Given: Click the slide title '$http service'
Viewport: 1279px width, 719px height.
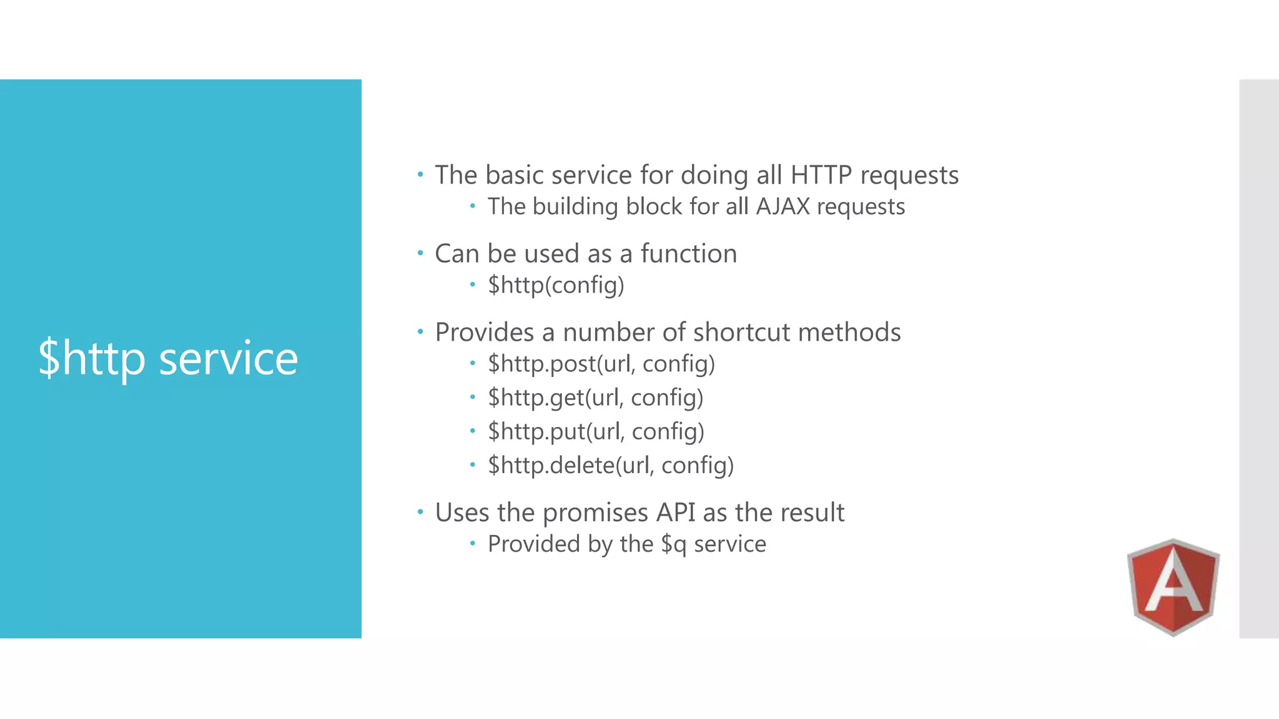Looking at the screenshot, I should click(x=168, y=358).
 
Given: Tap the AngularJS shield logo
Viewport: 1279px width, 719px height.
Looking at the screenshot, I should click(x=1173, y=587).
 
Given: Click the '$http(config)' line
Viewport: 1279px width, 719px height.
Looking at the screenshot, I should click(x=556, y=285).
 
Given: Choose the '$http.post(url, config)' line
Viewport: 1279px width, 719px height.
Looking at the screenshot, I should click(x=601, y=364).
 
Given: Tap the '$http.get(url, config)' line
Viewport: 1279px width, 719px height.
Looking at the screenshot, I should click(x=595, y=398).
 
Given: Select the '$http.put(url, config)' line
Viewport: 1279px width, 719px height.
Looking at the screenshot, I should click(x=596, y=431).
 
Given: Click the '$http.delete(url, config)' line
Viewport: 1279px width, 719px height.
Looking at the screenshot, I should click(x=610, y=465).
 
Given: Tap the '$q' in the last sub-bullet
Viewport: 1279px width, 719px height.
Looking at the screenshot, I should click(x=674, y=544).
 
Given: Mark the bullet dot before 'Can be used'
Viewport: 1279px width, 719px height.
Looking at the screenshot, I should click(x=420, y=253).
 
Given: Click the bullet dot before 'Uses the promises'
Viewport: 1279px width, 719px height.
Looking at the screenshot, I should click(x=420, y=512).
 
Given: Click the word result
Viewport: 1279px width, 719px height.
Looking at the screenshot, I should click(x=811, y=513).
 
